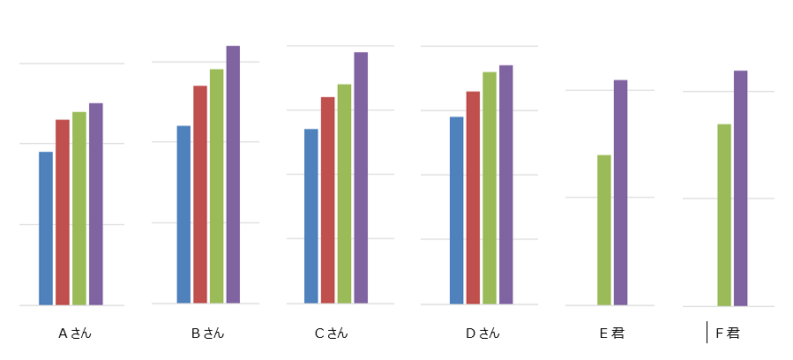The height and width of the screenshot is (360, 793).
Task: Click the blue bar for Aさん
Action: [46, 229]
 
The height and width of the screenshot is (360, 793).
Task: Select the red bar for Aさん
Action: [63, 213]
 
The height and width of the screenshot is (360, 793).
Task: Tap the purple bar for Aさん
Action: [95, 205]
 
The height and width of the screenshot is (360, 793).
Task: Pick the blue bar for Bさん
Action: [183, 214]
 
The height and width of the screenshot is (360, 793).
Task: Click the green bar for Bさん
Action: [216, 186]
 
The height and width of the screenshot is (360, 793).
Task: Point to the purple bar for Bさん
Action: [233, 175]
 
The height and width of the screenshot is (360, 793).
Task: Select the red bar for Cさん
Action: [328, 200]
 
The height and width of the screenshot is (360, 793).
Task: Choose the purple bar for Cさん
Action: [361, 177]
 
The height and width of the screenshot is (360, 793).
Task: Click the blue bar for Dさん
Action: [457, 210]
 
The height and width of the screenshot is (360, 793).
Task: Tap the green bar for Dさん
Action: [489, 188]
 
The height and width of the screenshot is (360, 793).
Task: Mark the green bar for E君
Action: [604, 230]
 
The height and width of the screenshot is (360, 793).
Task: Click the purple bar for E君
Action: [620, 192]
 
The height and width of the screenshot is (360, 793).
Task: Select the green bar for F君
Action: [724, 215]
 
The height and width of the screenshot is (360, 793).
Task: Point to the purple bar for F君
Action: [740, 189]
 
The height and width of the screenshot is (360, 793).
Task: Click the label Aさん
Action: [75, 334]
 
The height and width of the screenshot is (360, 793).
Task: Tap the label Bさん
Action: [208, 334]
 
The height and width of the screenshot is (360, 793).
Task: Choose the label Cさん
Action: [332, 334]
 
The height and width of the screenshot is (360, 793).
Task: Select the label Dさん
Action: [483, 334]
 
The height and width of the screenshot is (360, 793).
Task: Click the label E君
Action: [612, 334]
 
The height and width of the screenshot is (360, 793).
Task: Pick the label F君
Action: [728, 334]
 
